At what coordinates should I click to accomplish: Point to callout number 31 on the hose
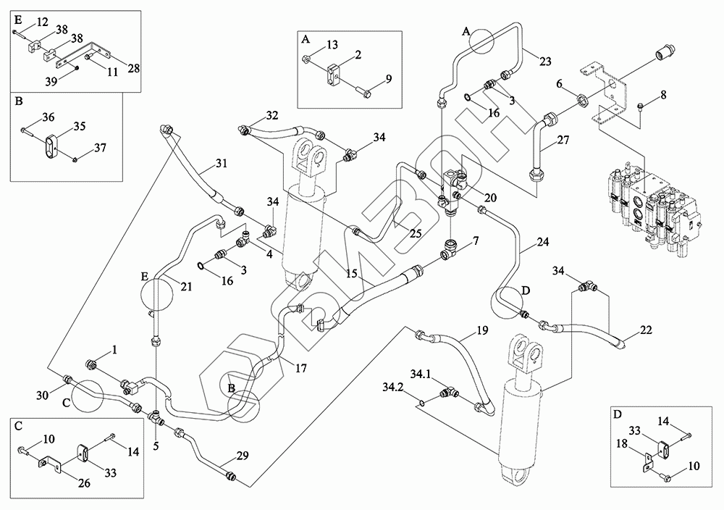(x=221, y=164)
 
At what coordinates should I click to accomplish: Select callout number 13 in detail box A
(x=332, y=46)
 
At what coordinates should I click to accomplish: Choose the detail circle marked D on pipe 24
(x=512, y=302)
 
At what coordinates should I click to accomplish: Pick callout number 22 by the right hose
(x=647, y=330)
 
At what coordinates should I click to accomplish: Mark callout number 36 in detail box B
(x=49, y=117)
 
